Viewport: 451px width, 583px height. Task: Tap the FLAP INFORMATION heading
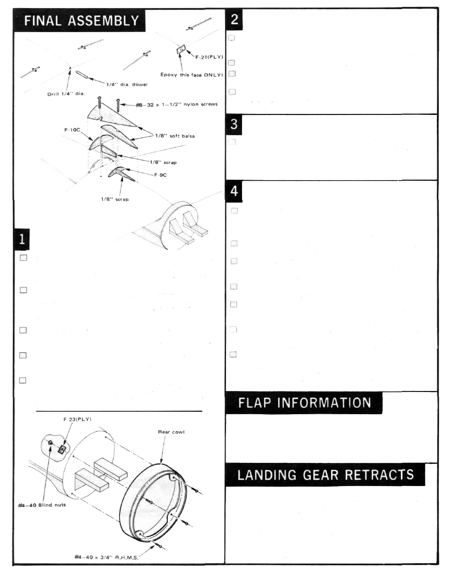point(304,403)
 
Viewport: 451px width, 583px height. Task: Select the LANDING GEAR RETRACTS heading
point(325,475)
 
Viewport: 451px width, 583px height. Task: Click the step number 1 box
point(22,239)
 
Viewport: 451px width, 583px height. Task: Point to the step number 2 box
point(235,20)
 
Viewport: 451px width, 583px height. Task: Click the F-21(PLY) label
point(209,57)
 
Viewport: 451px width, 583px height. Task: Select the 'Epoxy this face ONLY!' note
point(191,75)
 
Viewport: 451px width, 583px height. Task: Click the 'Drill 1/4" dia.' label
point(66,93)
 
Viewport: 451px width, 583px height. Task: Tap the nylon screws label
point(176,104)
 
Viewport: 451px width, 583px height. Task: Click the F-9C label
point(160,174)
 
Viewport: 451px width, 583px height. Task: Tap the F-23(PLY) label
point(74,419)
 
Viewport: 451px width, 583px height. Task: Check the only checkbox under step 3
point(232,142)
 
